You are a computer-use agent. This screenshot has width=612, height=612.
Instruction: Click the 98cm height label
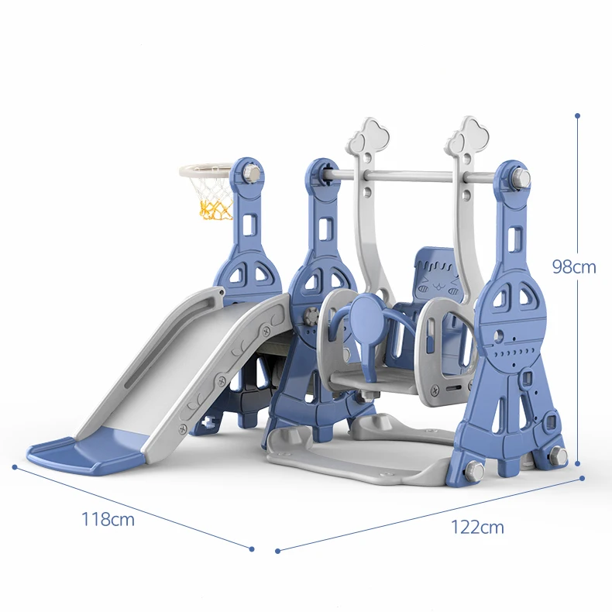click(573, 266)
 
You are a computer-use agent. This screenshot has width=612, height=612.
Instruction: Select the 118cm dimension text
click(108, 519)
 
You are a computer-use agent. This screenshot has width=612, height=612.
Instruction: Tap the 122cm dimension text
click(477, 527)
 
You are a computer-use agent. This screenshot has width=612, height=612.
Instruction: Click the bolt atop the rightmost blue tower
click(521, 179)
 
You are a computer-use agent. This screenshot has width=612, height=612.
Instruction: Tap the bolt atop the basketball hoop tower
click(250, 174)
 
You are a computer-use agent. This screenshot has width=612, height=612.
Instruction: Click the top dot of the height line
click(577, 115)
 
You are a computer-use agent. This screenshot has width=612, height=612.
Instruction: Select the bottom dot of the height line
click(577, 464)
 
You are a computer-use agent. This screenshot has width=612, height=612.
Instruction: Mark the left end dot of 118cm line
click(15, 467)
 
